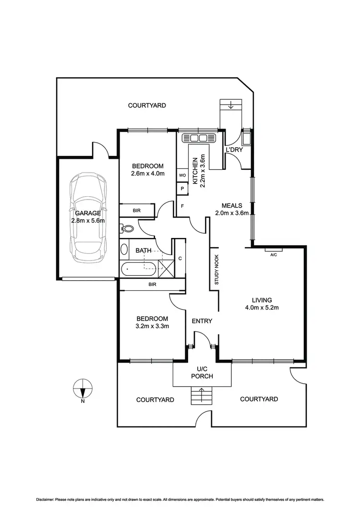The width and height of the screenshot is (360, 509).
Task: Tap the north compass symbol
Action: click(83, 388)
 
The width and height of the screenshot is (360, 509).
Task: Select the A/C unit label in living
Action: click(273, 254)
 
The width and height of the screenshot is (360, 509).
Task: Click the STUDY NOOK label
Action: click(216, 270)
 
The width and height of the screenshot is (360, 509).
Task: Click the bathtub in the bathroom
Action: click(139, 269)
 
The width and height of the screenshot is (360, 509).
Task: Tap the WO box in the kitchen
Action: click(182, 176)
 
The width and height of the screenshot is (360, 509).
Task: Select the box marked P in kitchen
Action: click(182, 189)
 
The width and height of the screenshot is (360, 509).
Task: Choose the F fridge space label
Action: click(182, 206)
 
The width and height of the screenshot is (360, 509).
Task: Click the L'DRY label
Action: click(234, 150)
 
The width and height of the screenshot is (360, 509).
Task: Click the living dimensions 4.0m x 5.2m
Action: click(262, 308)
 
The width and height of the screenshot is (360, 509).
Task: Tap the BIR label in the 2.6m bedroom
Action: click(137, 210)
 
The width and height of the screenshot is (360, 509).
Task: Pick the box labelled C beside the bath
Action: click(180, 259)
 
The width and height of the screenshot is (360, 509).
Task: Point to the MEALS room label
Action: click(231, 205)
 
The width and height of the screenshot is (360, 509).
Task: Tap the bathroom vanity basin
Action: click(124, 249)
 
